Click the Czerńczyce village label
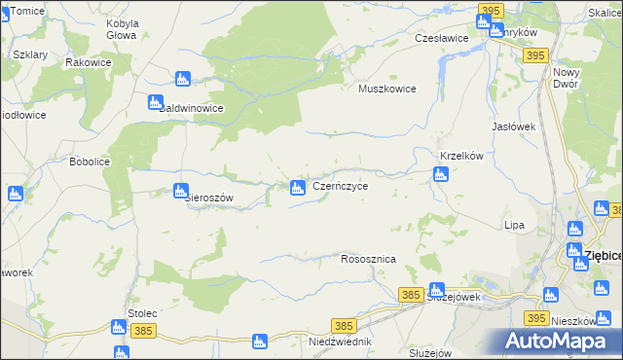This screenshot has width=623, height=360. [340, 185]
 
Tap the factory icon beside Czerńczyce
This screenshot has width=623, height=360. [297, 186]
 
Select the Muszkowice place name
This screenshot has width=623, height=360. [387, 89]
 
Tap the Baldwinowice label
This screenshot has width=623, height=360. [192, 109]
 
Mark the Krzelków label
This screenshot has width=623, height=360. [462, 156]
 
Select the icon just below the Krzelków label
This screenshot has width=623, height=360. [440, 174]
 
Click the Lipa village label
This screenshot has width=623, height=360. [514, 225]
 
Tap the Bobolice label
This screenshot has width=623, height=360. [89, 162]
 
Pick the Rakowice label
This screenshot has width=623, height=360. [87, 61]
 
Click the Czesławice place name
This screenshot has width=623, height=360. [442, 38]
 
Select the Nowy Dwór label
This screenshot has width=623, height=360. [565, 78]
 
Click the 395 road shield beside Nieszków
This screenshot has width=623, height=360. [534, 318]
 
